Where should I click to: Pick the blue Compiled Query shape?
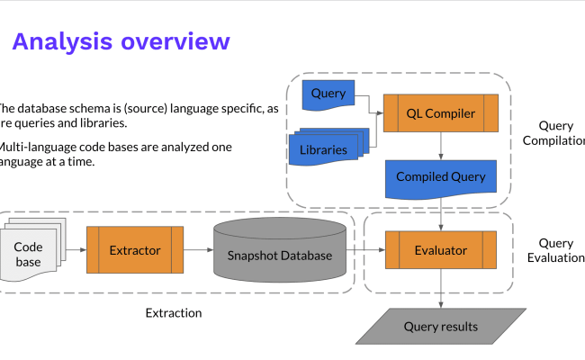pyautogui.click(x=440, y=177)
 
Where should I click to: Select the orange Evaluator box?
pyautogui.click(x=440, y=249)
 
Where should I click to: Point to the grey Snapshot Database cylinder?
pyautogui.click(x=279, y=255)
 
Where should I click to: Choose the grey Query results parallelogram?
pyautogui.click(x=440, y=327)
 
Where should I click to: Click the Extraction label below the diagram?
pyautogui.click(x=174, y=313)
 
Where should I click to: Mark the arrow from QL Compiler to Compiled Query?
pyautogui.click(x=440, y=144)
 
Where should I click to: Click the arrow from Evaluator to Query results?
pyautogui.click(x=440, y=288)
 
